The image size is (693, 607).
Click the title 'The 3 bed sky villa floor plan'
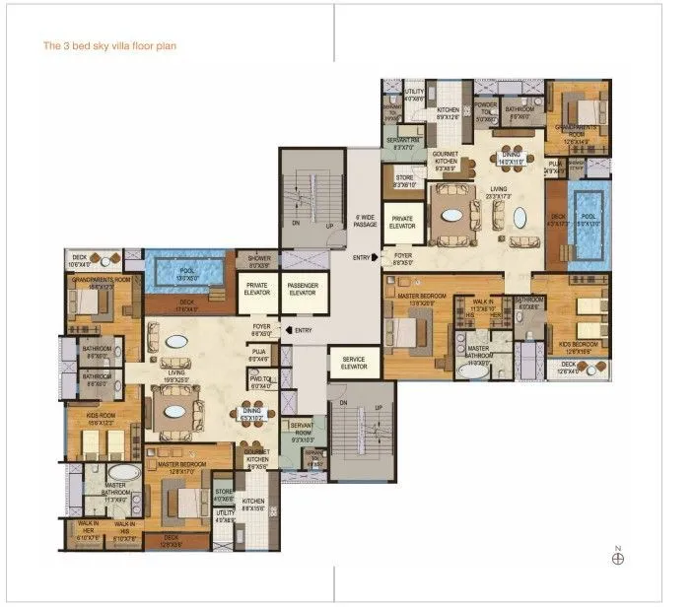(x=109, y=45)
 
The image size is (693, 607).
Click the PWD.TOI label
(x=260, y=382)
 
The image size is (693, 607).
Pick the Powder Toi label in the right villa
(x=484, y=113)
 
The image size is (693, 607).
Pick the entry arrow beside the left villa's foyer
(x=286, y=330)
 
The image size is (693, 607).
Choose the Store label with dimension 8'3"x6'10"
(x=405, y=180)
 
